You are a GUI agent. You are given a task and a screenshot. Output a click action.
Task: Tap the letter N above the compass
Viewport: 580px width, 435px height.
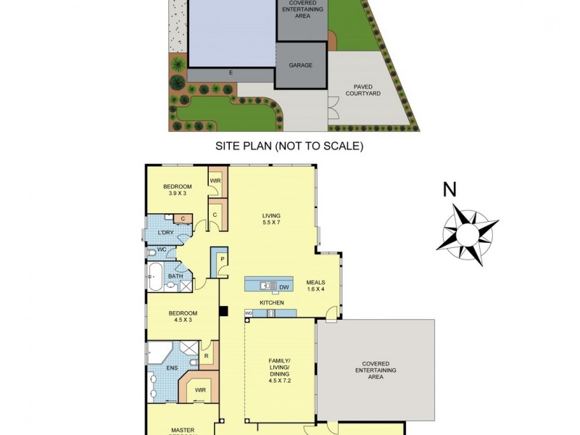tap(450, 190)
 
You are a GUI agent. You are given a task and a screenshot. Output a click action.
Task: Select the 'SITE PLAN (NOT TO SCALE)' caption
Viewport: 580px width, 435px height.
tap(289, 146)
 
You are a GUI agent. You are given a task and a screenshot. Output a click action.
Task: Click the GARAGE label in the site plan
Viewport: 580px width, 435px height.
tap(301, 65)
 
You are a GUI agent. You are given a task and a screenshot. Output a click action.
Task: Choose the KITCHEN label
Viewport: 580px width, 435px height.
tap(273, 302)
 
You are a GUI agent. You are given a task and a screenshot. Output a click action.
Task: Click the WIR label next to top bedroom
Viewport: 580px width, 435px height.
tap(215, 181)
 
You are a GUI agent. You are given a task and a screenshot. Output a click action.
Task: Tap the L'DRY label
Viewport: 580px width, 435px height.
tap(165, 233)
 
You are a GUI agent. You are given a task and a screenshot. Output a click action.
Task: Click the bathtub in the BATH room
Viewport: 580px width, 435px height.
tap(154, 273)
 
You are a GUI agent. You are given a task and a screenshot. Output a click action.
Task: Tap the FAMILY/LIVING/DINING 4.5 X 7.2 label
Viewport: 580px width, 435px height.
tap(279, 370)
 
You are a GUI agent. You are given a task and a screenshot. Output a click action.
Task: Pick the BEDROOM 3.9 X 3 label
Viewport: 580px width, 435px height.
tap(177, 190)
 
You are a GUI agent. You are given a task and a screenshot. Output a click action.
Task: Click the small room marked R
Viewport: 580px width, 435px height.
tap(207, 356)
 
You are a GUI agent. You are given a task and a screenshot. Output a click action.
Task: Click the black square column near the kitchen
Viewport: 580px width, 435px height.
tap(224, 311)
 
